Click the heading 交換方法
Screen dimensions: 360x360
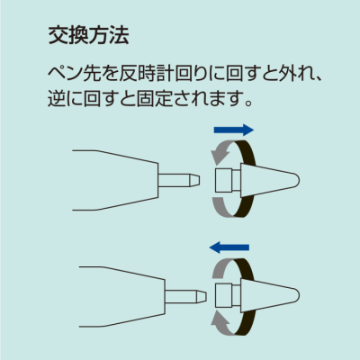87,37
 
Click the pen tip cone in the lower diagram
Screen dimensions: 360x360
270,292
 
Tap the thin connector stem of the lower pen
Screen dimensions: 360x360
184,292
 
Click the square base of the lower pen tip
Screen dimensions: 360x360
226,292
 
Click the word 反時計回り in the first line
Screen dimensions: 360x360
155,72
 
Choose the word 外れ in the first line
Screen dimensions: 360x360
291,72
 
